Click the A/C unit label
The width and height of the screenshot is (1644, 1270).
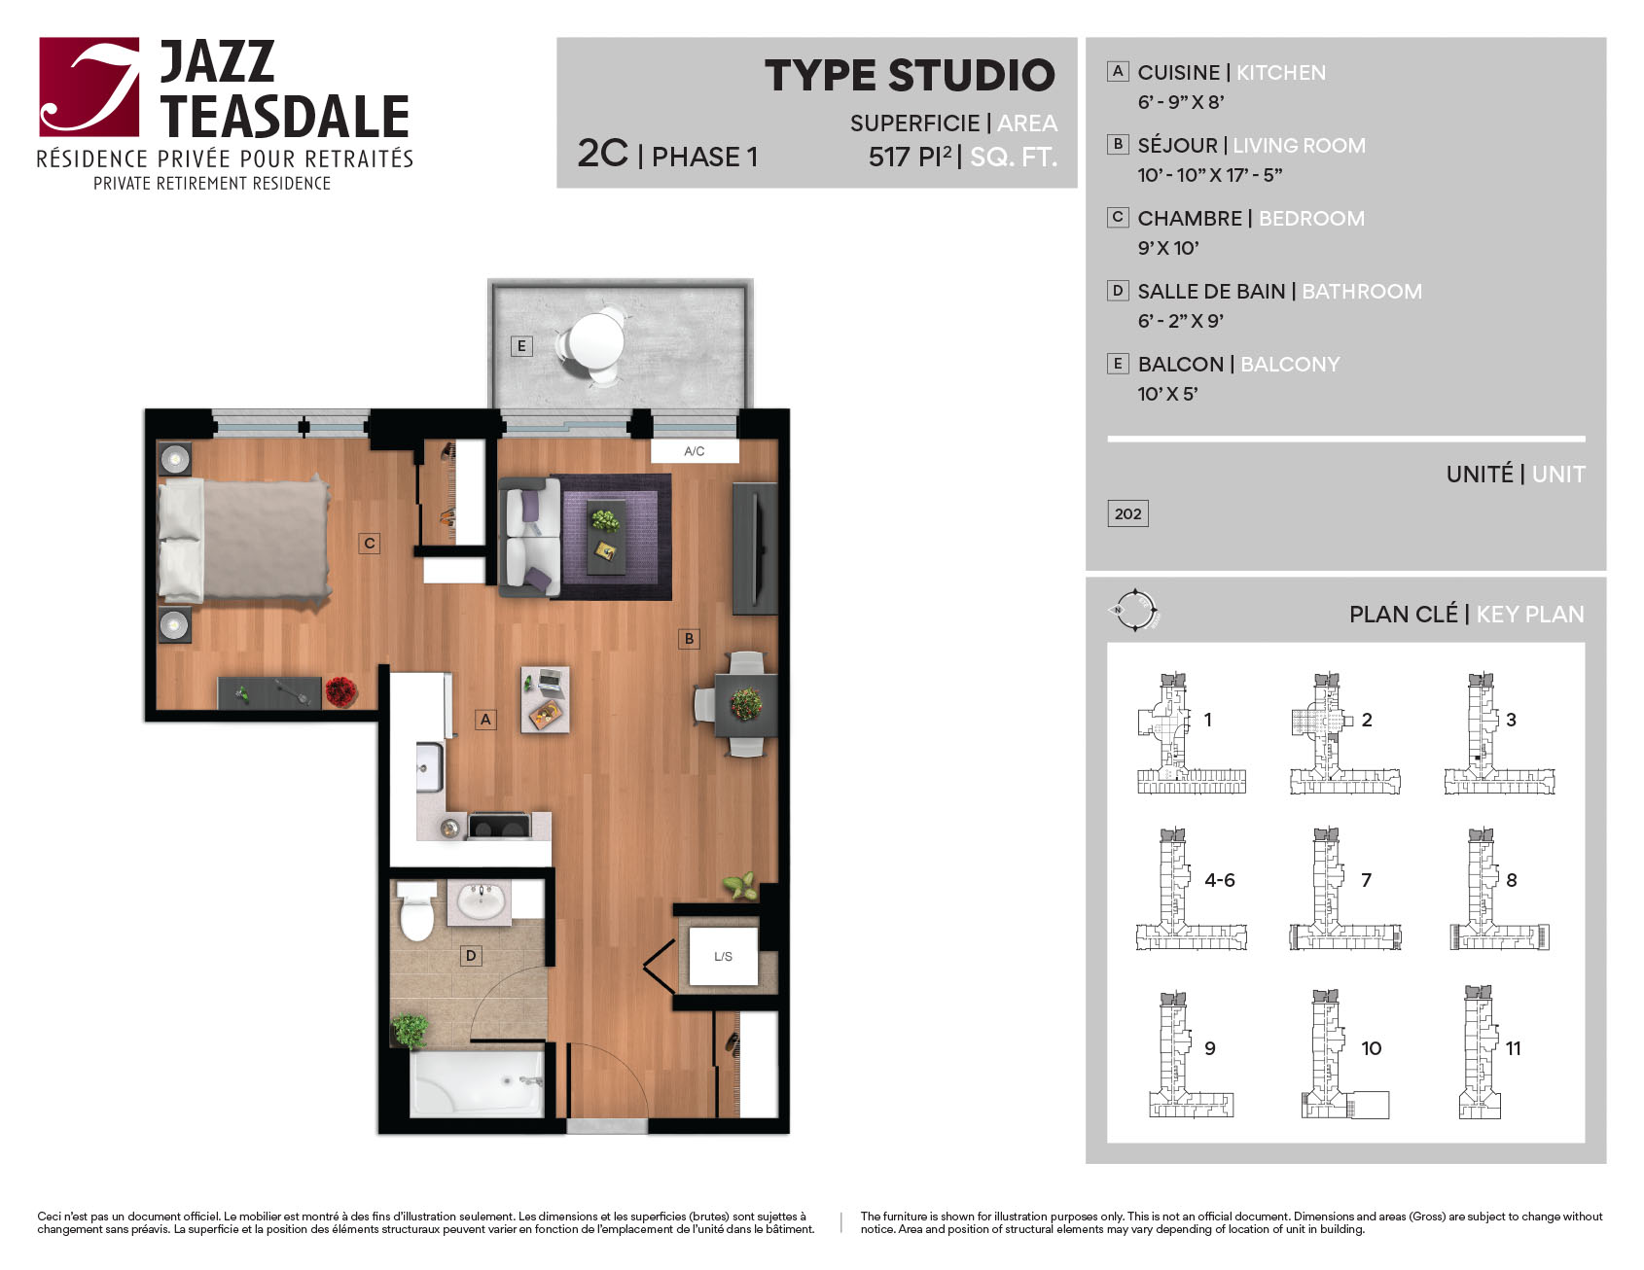pos(695,451)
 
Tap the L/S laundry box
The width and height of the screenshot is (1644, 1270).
pos(723,956)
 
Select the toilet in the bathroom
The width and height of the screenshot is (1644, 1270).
pos(416,911)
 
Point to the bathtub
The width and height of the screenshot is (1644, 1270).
pos(477,1083)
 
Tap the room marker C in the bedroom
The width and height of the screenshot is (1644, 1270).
pos(369,544)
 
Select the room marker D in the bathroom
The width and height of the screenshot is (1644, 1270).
pos(471,956)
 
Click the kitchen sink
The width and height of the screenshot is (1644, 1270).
pos(430,767)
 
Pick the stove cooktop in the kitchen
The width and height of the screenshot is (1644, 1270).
pos(499,827)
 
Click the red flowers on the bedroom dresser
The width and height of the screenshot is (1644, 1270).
pos(340,691)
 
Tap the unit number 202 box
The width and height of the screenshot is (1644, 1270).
pos(1128,513)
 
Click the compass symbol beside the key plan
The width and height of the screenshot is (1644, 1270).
pos(1134,611)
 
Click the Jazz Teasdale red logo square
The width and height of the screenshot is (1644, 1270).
pos(89,87)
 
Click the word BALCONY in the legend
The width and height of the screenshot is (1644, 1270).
pos(1290,364)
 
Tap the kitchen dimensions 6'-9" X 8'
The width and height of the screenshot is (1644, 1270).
pos(1181,102)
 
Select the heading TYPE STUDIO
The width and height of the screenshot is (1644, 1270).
pos(910,75)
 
